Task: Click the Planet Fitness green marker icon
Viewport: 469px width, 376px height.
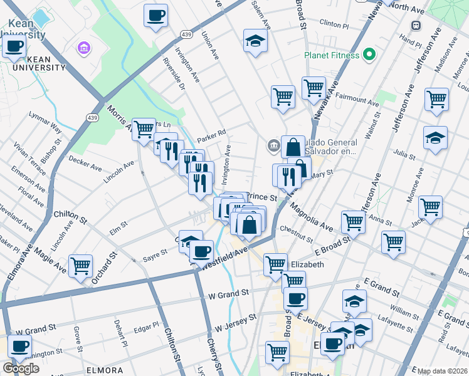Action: pos(369,55)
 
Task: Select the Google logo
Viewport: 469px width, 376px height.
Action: pos(21,368)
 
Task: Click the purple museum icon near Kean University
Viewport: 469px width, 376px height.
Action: pos(83,48)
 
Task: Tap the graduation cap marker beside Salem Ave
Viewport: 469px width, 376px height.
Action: pos(255,41)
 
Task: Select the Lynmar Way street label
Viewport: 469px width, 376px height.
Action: pos(45,123)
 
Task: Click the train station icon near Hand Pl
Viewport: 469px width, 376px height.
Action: pos(415,25)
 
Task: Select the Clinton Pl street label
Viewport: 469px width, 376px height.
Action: pos(334,24)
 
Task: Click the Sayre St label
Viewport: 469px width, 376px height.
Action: pos(155,253)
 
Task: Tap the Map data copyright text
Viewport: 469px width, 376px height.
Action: pos(442,371)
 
